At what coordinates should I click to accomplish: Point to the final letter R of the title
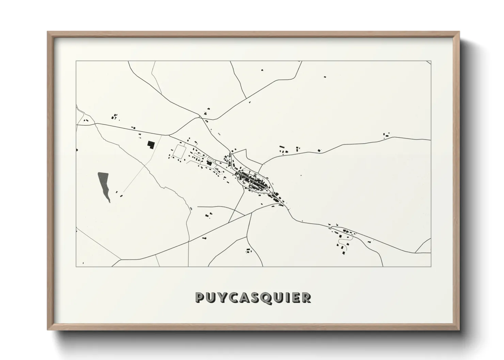pyautogui.click(x=306, y=297)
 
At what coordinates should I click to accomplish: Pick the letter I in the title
pyautogui.click(x=285, y=297)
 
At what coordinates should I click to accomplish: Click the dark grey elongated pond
pyautogui.click(x=104, y=185)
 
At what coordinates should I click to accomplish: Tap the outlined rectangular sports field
pyautogui.click(x=179, y=151)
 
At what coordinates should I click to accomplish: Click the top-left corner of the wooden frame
pyautogui.click(x=48, y=32)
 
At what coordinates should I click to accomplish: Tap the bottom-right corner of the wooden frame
pyautogui.click(x=459, y=330)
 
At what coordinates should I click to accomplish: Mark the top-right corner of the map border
pyautogui.click(x=431, y=61)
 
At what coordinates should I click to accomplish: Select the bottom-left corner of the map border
pyautogui.click(x=76, y=266)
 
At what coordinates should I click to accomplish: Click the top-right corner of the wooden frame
pyautogui.click(x=459, y=32)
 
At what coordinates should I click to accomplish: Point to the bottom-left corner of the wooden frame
pyautogui.click(x=48, y=330)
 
